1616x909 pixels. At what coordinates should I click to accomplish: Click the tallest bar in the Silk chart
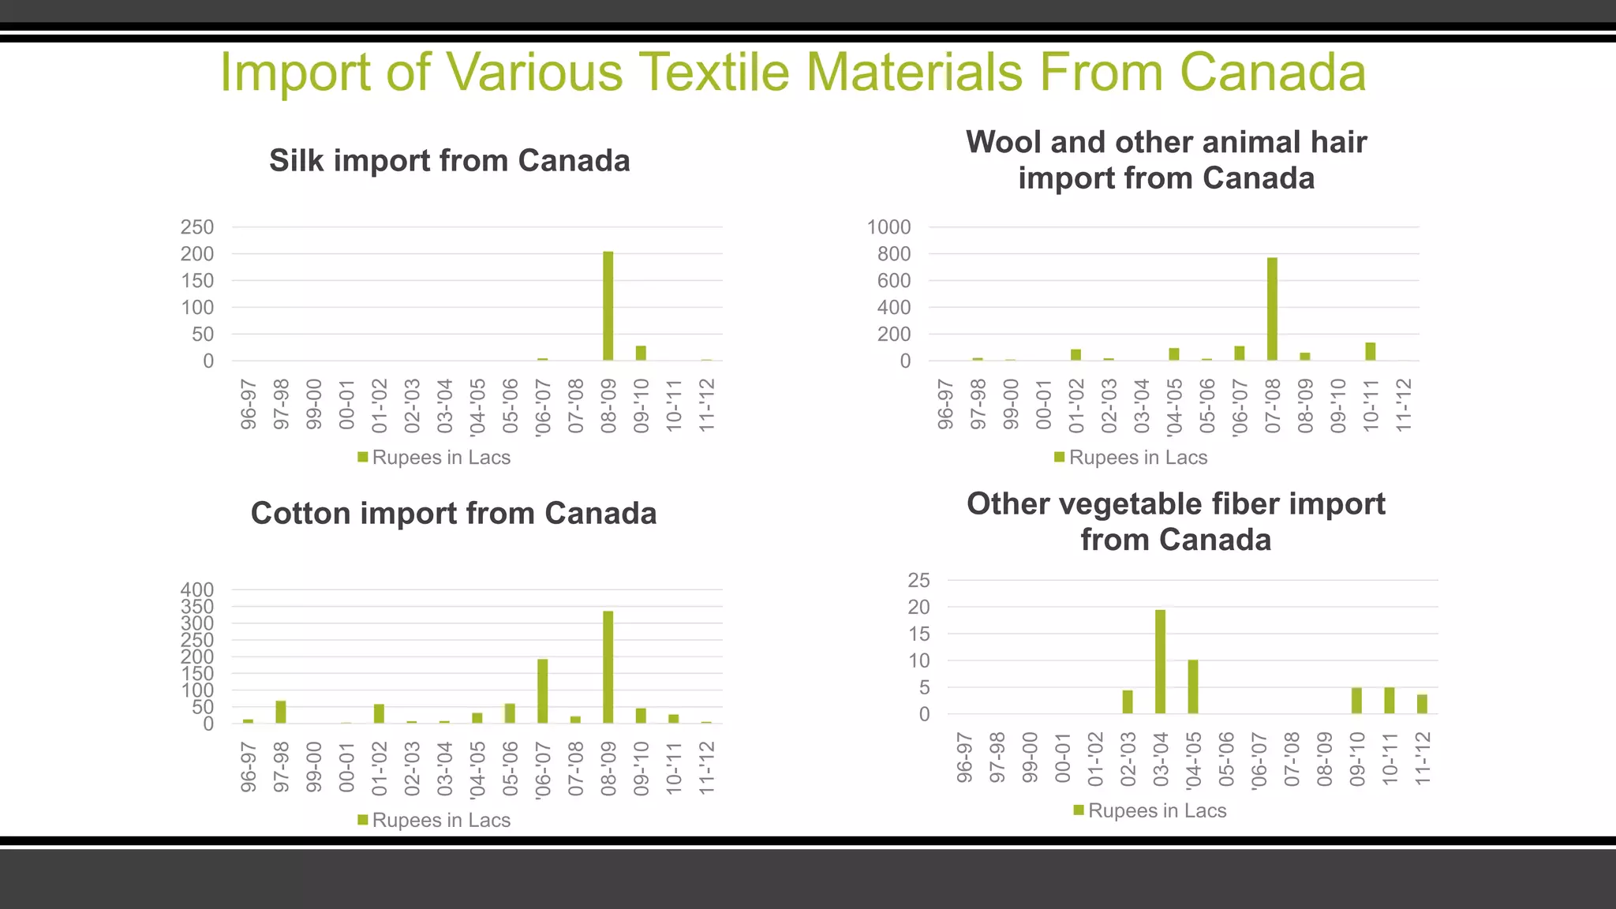(608, 306)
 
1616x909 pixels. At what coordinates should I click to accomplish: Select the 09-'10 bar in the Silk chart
(641, 353)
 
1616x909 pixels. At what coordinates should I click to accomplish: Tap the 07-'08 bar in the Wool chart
(1272, 309)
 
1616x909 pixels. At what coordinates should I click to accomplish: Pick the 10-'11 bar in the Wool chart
(1371, 352)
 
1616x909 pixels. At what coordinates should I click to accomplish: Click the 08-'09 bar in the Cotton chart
(608, 668)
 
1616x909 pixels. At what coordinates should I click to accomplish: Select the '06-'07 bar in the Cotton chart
(543, 691)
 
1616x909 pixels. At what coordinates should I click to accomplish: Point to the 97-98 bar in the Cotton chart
(281, 712)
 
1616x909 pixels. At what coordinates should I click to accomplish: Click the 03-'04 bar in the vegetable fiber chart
(1160, 662)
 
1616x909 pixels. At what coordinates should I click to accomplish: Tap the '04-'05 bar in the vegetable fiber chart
(1193, 687)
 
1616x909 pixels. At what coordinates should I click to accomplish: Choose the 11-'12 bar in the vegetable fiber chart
(1422, 704)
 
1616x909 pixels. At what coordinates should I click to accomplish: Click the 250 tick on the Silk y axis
(197, 227)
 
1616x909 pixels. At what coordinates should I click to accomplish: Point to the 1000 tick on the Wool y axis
(888, 227)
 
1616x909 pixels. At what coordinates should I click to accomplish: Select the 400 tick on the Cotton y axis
(197, 589)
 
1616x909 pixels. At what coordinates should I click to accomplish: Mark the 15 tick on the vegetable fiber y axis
(919, 634)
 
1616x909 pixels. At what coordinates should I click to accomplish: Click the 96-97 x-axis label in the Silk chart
(249, 404)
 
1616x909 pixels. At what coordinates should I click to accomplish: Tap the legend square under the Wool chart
(1060, 457)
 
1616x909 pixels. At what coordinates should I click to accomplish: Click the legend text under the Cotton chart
(441, 821)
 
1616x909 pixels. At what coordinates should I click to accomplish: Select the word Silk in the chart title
(296, 161)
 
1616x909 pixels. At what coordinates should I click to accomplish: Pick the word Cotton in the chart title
(301, 514)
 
